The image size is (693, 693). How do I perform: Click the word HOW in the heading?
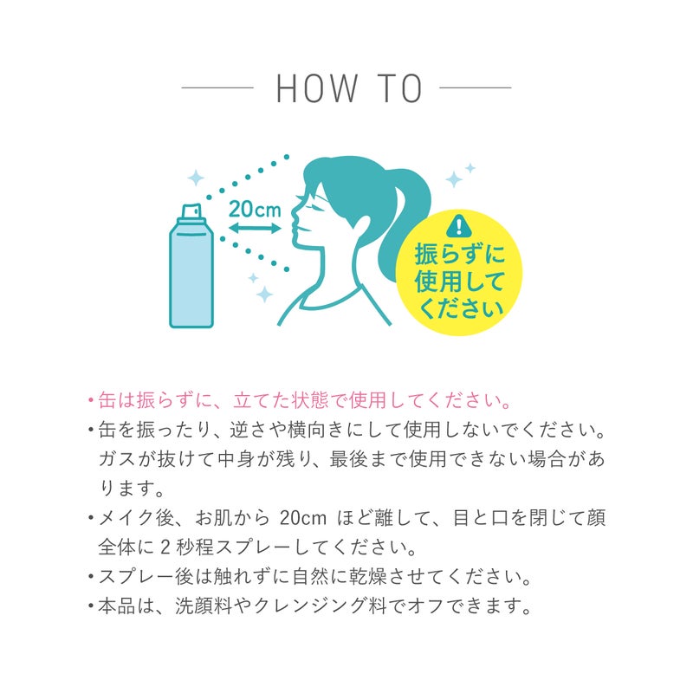pyautogui.click(x=316, y=88)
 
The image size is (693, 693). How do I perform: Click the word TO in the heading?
pyautogui.click(x=399, y=88)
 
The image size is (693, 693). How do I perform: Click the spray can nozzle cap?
pyautogui.click(x=191, y=211)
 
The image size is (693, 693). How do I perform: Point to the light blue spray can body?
pyautogui.click(x=191, y=277)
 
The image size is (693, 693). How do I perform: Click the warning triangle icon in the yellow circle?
pyautogui.click(x=457, y=228)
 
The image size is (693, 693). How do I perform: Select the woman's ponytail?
pyautogui.click(x=407, y=217)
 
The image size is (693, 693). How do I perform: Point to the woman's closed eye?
pyautogui.click(x=313, y=201)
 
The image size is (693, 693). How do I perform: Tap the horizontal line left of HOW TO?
pyautogui.click(x=217, y=87)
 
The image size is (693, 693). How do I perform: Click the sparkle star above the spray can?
pyautogui.click(x=197, y=178)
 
